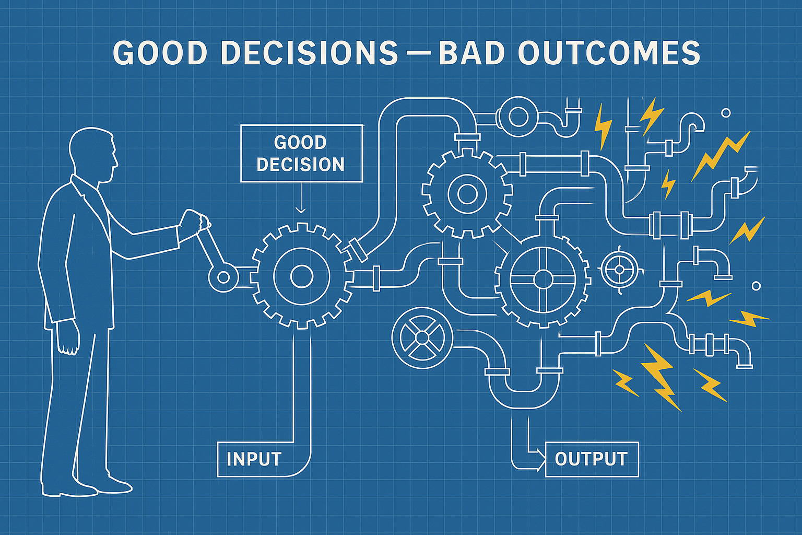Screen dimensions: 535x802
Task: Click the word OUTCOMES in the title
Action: pyautogui.click(x=609, y=53)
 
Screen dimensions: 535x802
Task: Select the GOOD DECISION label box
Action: pyautogui.click(x=301, y=154)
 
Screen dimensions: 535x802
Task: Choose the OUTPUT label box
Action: pyautogui.click(x=591, y=459)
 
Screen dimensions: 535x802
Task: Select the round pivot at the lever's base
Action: pyautogui.click(x=223, y=276)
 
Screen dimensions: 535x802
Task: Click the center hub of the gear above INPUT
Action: pyautogui.click(x=301, y=276)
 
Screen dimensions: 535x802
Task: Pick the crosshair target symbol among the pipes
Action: pyautogui.click(x=619, y=270)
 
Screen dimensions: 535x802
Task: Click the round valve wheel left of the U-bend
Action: pyautogui.click(x=422, y=338)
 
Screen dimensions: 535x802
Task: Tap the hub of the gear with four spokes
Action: pyautogui.click(x=543, y=279)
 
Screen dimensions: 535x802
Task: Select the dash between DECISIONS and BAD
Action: pyautogui.click(x=418, y=53)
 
